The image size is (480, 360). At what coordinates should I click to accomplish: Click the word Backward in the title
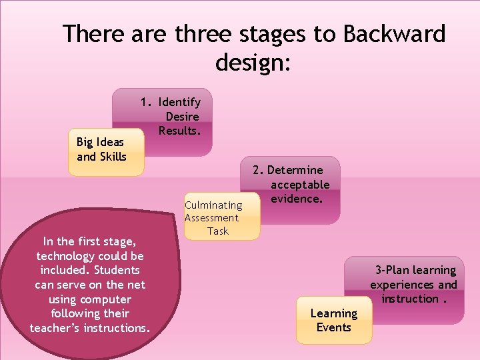[x=395, y=33]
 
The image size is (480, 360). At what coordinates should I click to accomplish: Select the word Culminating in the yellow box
[x=213, y=205]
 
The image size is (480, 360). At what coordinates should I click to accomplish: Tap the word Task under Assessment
[x=218, y=231]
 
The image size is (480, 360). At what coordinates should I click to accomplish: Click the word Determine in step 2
[x=295, y=170]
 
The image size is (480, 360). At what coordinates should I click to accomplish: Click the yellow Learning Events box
[x=333, y=320]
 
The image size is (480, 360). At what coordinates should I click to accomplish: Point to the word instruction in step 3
[x=409, y=299]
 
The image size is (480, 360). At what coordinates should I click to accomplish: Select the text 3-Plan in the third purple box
[x=391, y=270]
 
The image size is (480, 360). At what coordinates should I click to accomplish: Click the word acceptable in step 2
[x=299, y=185]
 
